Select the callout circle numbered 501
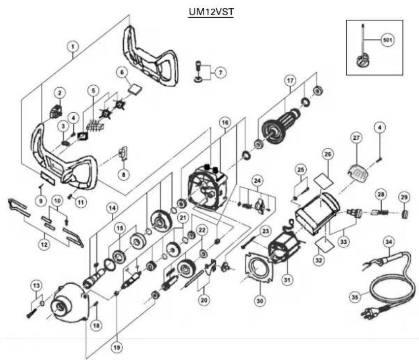pyautogui.click(x=386, y=40)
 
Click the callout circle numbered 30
pyautogui.click(x=259, y=300)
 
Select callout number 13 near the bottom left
pyautogui.click(x=35, y=285)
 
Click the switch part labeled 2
pyautogui.click(x=55, y=110)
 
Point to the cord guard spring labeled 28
pyautogui.click(x=379, y=212)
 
